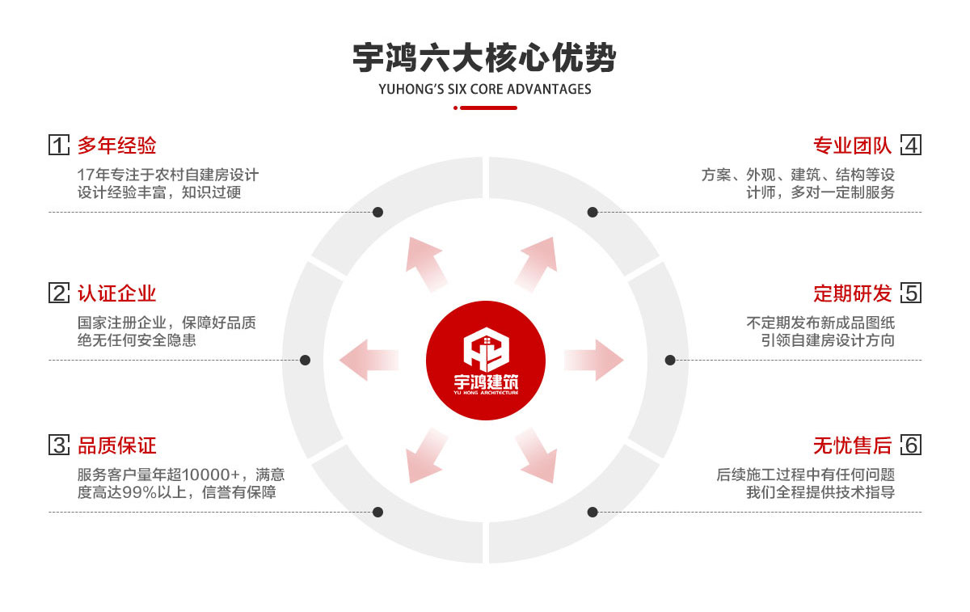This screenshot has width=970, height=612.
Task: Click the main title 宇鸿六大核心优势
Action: click(484, 59)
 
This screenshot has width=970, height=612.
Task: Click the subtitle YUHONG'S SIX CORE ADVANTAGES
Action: click(484, 89)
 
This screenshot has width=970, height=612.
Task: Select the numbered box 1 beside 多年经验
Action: click(59, 146)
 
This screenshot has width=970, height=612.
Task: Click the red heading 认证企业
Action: click(116, 293)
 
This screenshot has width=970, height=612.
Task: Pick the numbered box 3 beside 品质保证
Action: click(59, 445)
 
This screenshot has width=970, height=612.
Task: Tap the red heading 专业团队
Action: click(852, 146)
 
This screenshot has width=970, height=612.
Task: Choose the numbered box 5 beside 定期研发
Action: click(911, 293)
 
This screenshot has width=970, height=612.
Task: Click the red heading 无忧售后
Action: click(852, 445)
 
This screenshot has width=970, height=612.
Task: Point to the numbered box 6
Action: click(911, 445)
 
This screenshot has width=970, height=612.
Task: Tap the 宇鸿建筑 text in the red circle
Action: click(486, 381)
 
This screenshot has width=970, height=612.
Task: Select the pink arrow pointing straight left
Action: click(369, 360)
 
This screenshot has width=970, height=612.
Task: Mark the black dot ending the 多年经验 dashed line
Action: click(377, 212)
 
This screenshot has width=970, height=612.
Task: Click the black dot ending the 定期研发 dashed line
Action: click(670, 360)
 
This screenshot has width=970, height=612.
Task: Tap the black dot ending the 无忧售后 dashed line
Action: click(593, 512)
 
